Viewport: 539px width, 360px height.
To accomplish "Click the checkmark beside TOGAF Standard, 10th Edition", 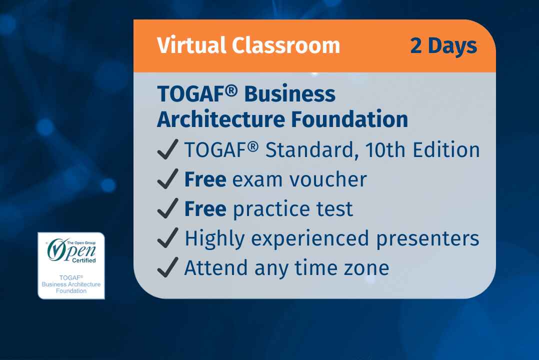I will point(167,150).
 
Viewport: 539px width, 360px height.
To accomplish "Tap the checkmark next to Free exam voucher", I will point(167,179).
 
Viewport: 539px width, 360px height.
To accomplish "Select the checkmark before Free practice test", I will point(167,209).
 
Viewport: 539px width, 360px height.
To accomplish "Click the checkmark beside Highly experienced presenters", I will point(167,238).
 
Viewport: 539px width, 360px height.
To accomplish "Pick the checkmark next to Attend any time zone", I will point(167,268).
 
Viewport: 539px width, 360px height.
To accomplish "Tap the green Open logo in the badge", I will point(70,249).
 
